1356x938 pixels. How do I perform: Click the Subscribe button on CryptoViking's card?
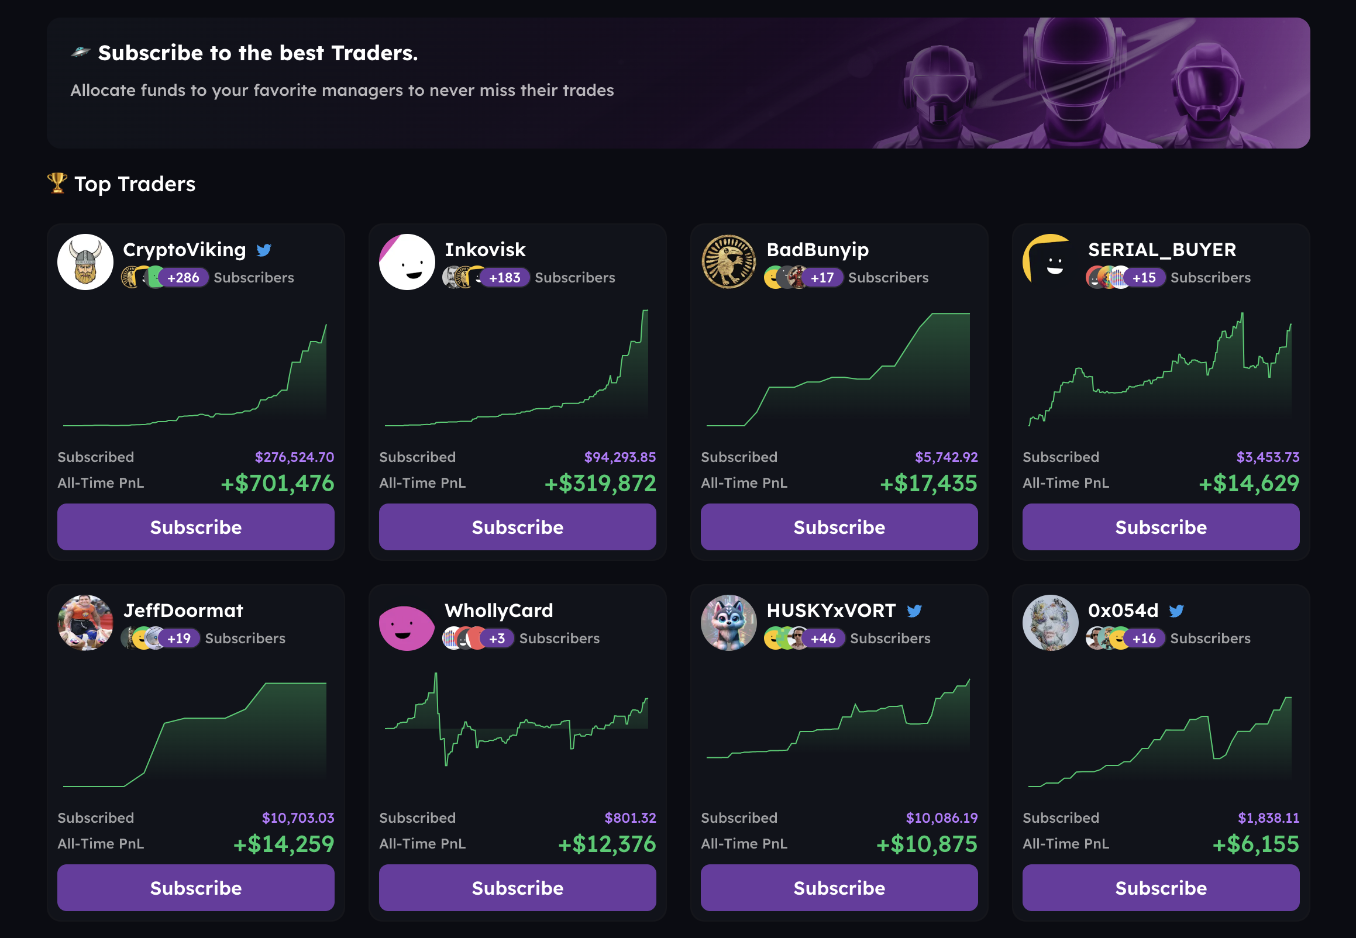tap(196, 527)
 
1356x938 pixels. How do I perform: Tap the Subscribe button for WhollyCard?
tap(517, 888)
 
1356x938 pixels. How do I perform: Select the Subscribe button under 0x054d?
tap(1160, 888)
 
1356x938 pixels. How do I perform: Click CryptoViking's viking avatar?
tap(85, 262)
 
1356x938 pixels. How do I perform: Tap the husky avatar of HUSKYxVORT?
tap(728, 623)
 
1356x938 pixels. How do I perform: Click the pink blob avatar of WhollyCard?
tap(406, 626)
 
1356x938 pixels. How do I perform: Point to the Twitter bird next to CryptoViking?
tap(264, 250)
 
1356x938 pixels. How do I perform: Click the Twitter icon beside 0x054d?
tap(1176, 611)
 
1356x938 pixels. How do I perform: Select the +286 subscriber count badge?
tap(183, 277)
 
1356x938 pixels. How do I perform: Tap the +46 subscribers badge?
tap(823, 638)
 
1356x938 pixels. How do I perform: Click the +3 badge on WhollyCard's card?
tap(497, 638)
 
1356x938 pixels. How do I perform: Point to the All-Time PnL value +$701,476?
tap(277, 483)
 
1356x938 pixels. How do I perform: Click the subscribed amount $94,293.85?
tap(620, 457)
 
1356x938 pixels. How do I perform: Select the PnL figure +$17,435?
tap(928, 483)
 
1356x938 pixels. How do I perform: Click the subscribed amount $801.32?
tap(629, 818)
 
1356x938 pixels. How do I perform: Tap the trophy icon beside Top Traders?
tap(57, 183)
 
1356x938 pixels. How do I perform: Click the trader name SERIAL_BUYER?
tap(1161, 250)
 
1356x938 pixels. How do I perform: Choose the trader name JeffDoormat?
tap(183, 611)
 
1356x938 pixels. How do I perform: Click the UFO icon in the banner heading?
tap(81, 52)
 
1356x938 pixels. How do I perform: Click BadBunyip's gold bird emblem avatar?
tap(728, 262)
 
